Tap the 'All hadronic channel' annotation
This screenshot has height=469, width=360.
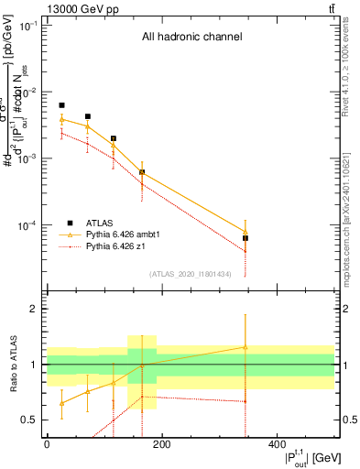coord(191,38)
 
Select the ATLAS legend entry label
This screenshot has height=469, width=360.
coord(100,247)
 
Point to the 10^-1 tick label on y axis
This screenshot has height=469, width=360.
coord(29,26)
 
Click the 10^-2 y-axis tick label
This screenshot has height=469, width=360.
coord(29,93)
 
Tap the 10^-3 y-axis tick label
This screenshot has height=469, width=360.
coord(29,159)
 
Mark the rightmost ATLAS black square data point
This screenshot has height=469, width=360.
coord(245,238)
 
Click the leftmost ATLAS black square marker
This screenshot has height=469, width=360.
coord(61,105)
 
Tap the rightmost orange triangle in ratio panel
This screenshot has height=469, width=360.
coord(245,347)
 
